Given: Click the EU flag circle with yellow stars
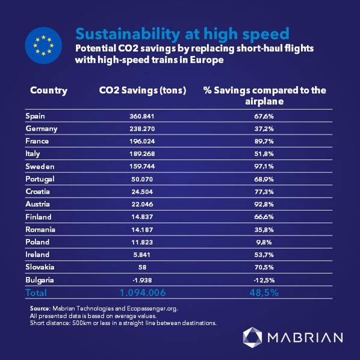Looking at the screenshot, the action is (x=43, y=46).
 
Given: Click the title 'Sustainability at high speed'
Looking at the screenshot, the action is (x=182, y=34).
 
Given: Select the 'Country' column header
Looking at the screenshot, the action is (x=49, y=91).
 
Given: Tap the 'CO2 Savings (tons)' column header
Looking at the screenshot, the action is (x=143, y=90).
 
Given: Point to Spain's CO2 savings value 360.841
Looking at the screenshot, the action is (x=142, y=116).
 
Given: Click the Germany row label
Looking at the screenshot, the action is (x=42, y=129).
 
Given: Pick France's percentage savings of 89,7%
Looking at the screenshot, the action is (x=264, y=141).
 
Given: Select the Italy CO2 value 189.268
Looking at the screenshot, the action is (x=142, y=154).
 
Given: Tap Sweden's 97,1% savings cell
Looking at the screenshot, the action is (x=264, y=166).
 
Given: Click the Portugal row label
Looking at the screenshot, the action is (x=40, y=179).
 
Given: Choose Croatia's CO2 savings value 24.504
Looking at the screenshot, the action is (x=142, y=191).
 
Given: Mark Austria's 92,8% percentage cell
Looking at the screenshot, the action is (x=264, y=204).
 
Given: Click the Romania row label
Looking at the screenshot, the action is (x=40, y=229).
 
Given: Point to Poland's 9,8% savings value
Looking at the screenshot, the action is (x=264, y=242).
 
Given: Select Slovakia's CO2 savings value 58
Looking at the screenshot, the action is (x=142, y=267).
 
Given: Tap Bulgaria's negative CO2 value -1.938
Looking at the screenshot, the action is (x=142, y=280).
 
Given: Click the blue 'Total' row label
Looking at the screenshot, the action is (x=36, y=293).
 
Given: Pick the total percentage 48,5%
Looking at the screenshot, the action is (x=264, y=293).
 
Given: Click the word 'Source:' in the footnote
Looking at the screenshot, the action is (x=40, y=308).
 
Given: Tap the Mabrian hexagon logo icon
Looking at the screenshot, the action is (x=252, y=337).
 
